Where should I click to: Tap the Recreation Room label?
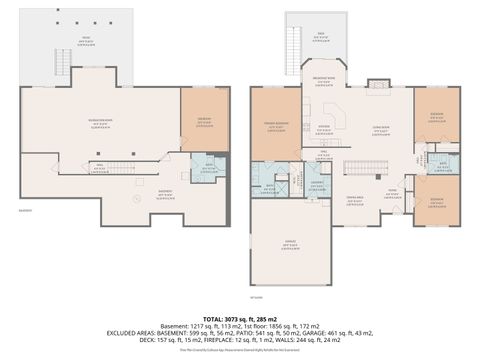(101, 123)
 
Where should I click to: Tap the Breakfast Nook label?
(323, 82)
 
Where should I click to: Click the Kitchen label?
(323, 128)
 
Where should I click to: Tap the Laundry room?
(316, 184)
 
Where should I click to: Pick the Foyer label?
(394, 193)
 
